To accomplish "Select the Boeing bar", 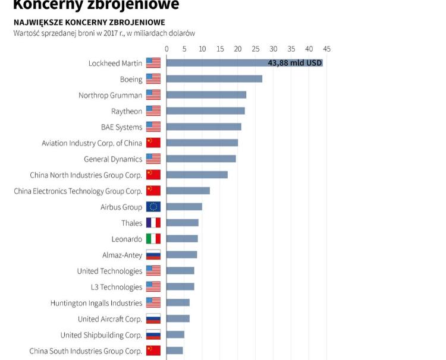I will pyautogui.click(x=214, y=79).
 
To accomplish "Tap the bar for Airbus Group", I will pyautogui.click(x=184, y=207).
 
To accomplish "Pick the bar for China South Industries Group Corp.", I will pyautogui.click(x=175, y=350).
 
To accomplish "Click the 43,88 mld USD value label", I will pyautogui.click(x=295, y=63).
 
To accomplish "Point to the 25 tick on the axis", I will pyautogui.click(x=256, y=49).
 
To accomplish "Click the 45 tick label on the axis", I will pyautogui.click(x=327, y=49).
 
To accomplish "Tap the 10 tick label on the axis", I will pyautogui.click(x=202, y=49).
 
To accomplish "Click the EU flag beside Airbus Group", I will pyautogui.click(x=153, y=207).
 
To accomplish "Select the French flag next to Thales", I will pyautogui.click(x=153, y=223).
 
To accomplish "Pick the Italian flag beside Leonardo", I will pyautogui.click(x=153, y=239).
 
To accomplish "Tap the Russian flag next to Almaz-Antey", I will pyautogui.click(x=153, y=255).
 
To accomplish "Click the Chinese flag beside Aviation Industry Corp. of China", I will pyautogui.click(x=153, y=143).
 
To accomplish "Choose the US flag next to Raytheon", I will pyautogui.click(x=153, y=111).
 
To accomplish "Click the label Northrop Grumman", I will pyautogui.click(x=111, y=95).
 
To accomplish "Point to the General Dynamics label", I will pyautogui.click(x=113, y=159).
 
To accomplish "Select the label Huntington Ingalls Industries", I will pyautogui.click(x=96, y=303).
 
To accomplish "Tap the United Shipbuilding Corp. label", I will pyautogui.click(x=101, y=335).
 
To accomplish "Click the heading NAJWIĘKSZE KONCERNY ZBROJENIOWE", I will pyautogui.click(x=89, y=23).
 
